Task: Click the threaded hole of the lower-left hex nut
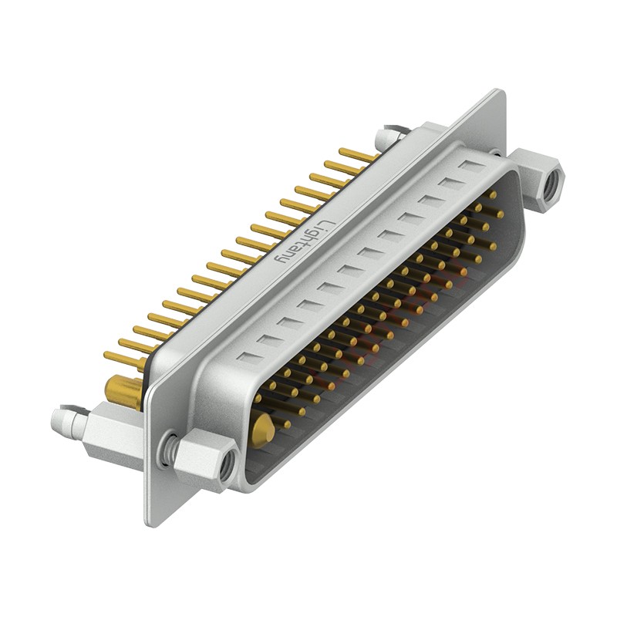pyautogui.click(x=227, y=465)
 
